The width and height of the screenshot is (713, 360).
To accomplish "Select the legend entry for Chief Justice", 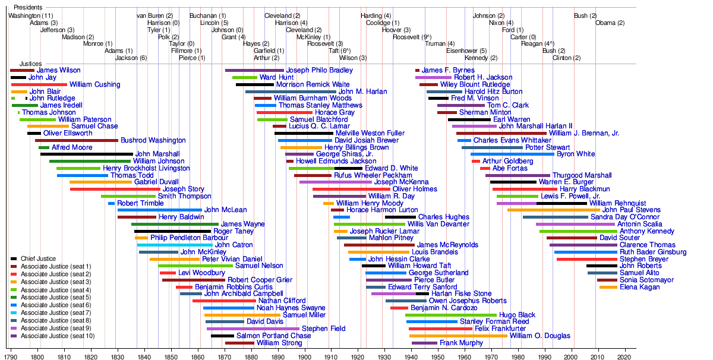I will click(x=39, y=258).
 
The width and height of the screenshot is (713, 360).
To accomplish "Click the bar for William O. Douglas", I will click(x=458, y=336).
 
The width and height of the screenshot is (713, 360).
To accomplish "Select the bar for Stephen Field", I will click(x=253, y=329).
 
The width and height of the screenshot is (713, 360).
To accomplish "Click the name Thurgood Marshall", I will click(x=582, y=175).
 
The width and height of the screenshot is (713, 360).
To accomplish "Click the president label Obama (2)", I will click(x=610, y=23).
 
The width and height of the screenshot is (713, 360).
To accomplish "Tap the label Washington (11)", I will click(x=31, y=15).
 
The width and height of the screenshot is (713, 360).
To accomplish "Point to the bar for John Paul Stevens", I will click(x=554, y=210).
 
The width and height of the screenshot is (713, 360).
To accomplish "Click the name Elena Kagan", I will click(x=639, y=287).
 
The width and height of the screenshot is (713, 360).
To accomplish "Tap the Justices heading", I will click(x=31, y=64).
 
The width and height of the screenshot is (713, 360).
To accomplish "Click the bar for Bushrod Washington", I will click(x=77, y=140).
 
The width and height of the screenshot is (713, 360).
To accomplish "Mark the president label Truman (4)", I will click(x=440, y=43).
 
